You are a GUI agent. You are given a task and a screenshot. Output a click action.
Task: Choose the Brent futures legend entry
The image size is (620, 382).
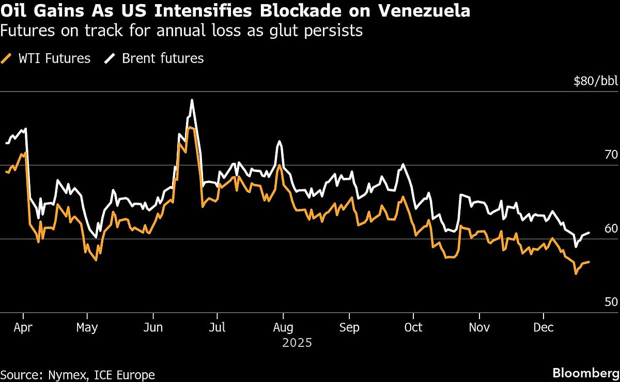pyautogui.click(x=154, y=58)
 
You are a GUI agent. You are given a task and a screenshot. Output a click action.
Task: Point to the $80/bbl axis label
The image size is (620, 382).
pyautogui.click(x=596, y=81)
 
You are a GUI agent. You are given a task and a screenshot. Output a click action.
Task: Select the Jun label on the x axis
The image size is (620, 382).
pyautogui.click(x=153, y=328)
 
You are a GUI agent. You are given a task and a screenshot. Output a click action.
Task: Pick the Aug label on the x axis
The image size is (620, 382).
pyautogui.click(x=283, y=328)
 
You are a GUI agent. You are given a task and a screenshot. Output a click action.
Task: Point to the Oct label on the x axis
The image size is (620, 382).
pyautogui.click(x=413, y=328)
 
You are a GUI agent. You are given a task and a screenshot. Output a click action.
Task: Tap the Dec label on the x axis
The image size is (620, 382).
pyautogui.click(x=544, y=328)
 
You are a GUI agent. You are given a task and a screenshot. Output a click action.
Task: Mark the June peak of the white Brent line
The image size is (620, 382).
pyautogui.click(x=192, y=100)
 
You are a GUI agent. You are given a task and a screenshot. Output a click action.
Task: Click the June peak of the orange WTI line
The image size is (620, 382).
pyautogui.click(x=190, y=127)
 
